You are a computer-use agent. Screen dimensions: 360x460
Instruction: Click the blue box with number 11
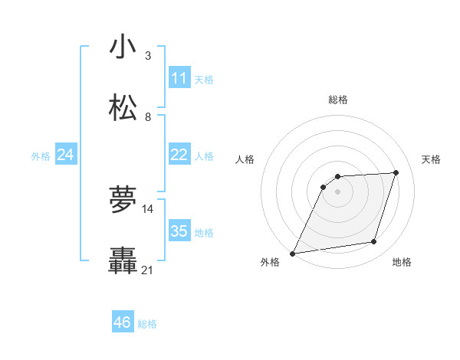point(179,78)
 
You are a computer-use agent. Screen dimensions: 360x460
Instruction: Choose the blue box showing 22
point(179,155)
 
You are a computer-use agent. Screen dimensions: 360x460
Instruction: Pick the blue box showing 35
point(179,231)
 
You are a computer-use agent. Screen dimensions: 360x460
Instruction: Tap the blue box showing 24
point(65,155)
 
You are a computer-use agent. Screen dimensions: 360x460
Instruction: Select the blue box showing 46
point(123,322)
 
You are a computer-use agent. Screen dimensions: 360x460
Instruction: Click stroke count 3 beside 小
point(147,55)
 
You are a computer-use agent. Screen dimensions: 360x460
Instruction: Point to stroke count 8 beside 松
point(147,116)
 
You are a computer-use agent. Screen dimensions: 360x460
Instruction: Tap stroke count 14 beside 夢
point(148,208)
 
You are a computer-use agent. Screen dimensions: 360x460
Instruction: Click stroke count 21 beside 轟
point(148,270)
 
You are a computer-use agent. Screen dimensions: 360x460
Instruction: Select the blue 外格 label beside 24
point(41,155)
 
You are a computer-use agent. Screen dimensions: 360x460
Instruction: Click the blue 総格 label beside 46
point(148,323)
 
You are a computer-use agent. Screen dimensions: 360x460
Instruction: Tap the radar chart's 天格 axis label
point(432,159)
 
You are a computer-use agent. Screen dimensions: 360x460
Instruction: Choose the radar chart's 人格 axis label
point(245,159)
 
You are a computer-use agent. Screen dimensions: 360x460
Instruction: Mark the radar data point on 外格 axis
point(292,253)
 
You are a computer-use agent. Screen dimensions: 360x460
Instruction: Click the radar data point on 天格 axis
point(396,172)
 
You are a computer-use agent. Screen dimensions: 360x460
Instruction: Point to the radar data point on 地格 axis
point(374,242)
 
